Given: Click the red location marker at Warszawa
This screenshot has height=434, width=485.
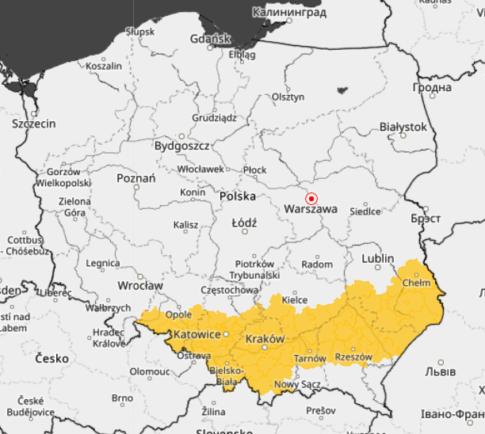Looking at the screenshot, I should (311, 198).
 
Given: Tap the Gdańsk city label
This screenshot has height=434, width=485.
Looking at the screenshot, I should (209, 38).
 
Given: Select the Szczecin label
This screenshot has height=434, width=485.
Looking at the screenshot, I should (34, 124).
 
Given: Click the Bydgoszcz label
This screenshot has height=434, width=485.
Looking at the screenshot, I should (181, 147).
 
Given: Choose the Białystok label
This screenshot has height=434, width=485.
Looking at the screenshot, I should (403, 127).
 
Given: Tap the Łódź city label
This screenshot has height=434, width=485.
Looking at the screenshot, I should (244, 223).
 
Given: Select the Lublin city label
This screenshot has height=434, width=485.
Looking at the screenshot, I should (377, 259).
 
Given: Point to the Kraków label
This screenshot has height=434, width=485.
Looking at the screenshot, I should (265, 339).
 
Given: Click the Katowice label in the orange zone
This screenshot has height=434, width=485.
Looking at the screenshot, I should (197, 335).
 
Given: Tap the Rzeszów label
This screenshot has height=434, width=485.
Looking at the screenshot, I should (353, 357).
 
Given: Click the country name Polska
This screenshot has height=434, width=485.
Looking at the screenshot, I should (238, 196).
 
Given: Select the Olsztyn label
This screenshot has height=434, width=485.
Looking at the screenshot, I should (288, 97).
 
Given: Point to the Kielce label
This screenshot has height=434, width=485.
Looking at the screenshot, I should (295, 300).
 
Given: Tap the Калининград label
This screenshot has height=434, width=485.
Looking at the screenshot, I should (289, 13).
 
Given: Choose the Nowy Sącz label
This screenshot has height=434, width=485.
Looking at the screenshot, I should (292, 385).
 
